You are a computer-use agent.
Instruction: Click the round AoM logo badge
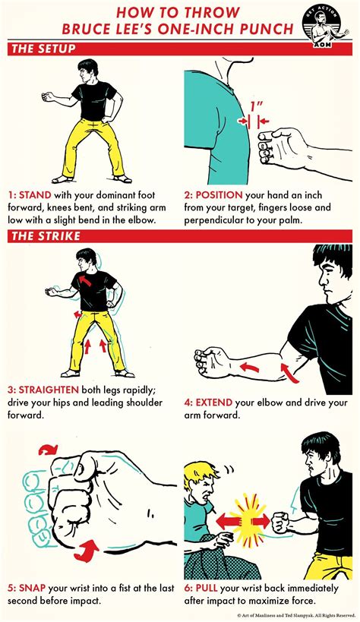click(326, 27)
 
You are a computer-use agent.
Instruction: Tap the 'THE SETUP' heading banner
click(180, 49)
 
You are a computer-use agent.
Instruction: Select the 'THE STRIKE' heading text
click(46, 236)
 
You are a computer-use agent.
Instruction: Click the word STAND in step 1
click(35, 196)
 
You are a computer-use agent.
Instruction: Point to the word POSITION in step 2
click(219, 196)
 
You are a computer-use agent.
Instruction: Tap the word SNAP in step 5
click(32, 588)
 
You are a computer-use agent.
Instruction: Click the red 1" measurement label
click(254, 106)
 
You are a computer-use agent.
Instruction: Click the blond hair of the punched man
click(201, 478)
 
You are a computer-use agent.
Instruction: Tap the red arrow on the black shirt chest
click(84, 280)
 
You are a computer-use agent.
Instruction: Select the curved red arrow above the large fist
click(49, 450)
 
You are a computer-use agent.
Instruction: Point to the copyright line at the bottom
click(296, 615)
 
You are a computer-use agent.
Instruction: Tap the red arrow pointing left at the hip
click(77, 314)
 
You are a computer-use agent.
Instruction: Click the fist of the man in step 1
click(49, 96)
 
